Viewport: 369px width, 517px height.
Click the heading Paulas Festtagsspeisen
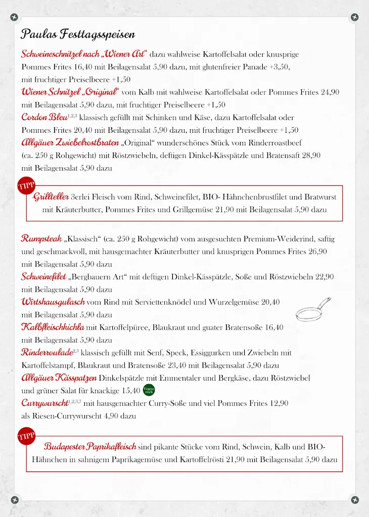click(x=78, y=34)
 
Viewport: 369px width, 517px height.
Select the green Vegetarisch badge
click(x=149, y=390)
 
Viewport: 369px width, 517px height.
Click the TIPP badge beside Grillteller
click(x=26, y=186)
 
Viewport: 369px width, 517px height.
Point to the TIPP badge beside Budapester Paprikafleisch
click(x=26, y=437)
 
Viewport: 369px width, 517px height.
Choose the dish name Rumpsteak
click(x=41, y=238)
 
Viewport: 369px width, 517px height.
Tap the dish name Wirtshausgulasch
click(x=53, y=302)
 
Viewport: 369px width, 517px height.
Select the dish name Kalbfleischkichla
click(x=53, y=327)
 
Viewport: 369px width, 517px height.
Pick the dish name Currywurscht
click(x=44, y=403)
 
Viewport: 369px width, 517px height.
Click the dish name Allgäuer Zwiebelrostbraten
click(x=70, y=142)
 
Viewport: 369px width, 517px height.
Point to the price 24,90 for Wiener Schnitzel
click(x=330, y=92)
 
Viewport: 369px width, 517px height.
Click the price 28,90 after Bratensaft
click(x=311, y=156)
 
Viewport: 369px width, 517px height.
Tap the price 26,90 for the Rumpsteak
click(x=317, y=251)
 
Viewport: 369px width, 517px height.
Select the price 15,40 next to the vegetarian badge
click(x=131, y=390)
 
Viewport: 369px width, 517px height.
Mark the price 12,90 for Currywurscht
click(x=279, y=403)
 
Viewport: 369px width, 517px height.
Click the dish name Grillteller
click(x=52, y=197)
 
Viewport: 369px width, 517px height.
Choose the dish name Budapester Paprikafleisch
click(x=90, y=447)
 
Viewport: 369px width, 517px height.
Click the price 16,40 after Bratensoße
click(x=274, y=327)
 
